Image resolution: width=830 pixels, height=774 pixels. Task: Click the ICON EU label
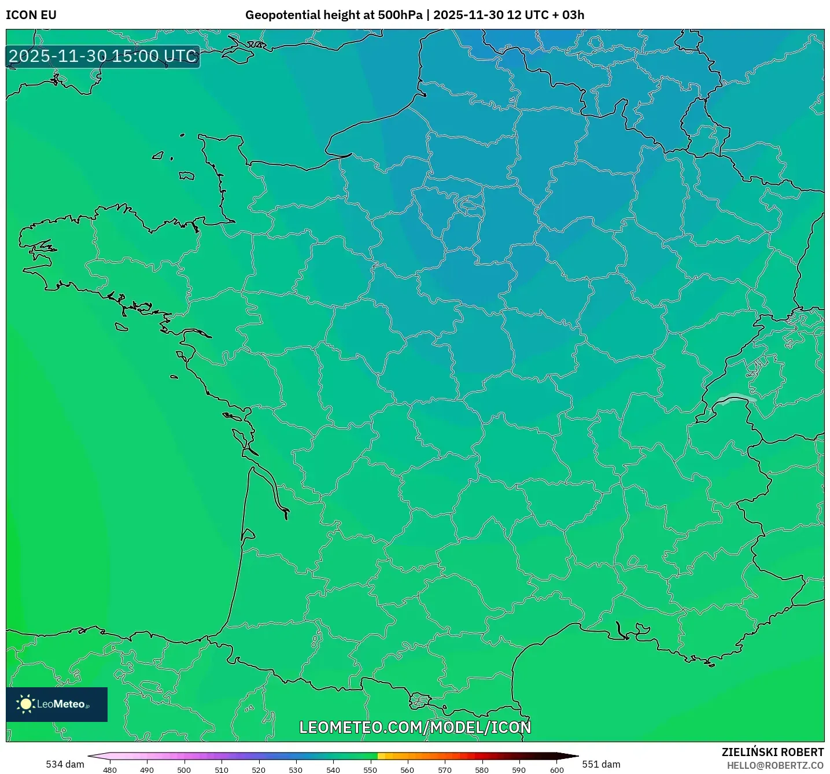pyautogui.click(x=31, y=15)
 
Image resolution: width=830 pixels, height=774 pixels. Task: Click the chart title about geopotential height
pyautogui.click(x=415, y=15)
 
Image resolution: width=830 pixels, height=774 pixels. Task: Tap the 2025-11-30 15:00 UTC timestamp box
pyautogui.click(x=103, y=56)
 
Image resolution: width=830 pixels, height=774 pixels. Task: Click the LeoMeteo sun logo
pyautogui.click(x=26, y=704)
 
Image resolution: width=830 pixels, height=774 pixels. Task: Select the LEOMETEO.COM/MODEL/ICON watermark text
pyautogui.click(x=415, y=727)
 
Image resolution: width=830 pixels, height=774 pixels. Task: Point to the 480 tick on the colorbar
pyautogui.click(x=110, y=769)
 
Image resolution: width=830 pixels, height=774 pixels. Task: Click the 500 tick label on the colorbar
pyautogui.click(x=184, y=769)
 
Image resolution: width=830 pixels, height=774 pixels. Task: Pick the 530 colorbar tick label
pyautogui.click(x=296, y=769)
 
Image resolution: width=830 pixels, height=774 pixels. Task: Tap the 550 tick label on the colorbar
pyautogui.click(x=370, y=769)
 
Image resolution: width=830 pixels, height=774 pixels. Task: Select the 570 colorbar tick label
pyautogui.click(x=445, y=769)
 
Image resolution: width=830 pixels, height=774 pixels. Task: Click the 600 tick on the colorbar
pyautogui.click(x=556, y=769)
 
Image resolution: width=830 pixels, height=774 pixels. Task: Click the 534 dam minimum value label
pyautogui.click(x=65, y=764)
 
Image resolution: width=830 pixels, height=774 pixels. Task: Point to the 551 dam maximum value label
pyautogui.click(x=601, y=764)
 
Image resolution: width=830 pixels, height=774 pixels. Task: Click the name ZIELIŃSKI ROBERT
pyautogui.click(x=773, y=752)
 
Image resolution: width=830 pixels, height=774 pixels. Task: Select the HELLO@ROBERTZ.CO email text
pyautogui.click(x=775, y=765)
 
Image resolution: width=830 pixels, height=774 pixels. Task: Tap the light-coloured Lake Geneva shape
pyautogui.click(x=735, y=398)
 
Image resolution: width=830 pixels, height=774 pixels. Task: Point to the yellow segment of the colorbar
pyautogui.click(x=381, y=756)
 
